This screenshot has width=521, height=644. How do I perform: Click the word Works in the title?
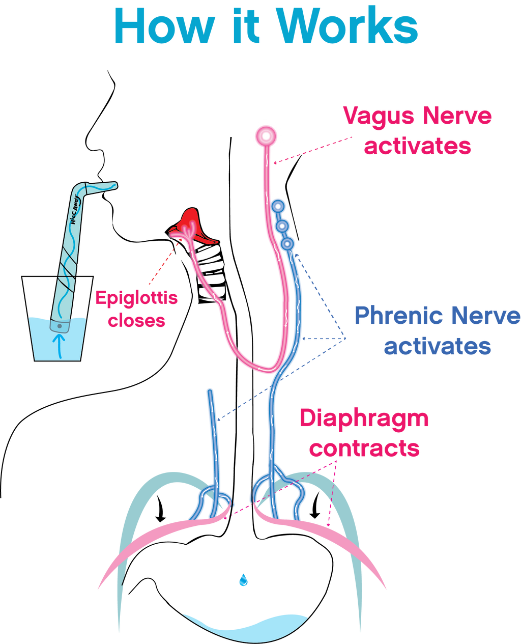348,25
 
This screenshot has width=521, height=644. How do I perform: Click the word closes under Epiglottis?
136,321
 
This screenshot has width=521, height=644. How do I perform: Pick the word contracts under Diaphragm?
364,449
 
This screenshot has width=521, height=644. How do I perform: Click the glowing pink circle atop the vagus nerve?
266,136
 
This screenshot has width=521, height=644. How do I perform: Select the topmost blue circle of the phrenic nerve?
278,207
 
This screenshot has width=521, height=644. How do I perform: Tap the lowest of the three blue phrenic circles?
287,243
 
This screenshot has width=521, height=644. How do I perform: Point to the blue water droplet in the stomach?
243,579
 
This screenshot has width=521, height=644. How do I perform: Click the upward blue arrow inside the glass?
59,346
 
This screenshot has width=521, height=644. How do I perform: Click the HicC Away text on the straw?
75,210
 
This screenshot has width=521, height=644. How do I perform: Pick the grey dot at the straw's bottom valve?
60,326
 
